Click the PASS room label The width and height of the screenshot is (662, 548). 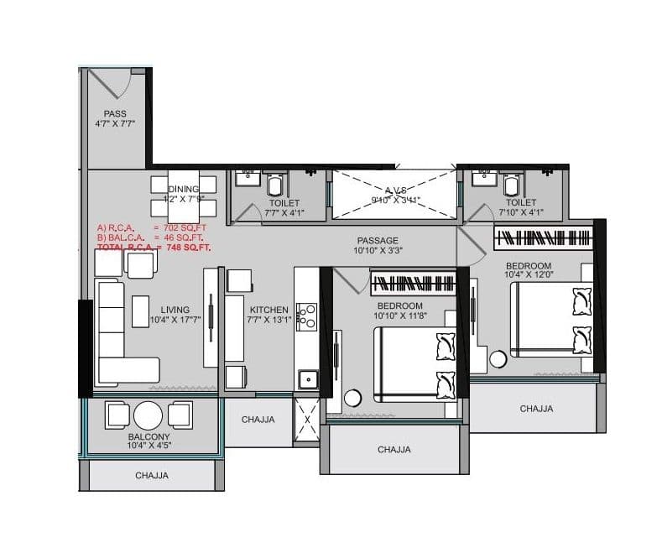point(115,114)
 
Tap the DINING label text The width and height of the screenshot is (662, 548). point(183,190)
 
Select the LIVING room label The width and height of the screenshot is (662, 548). point(175,310)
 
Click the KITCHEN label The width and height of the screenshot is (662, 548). point(268,310)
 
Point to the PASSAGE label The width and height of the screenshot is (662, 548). point(378,241)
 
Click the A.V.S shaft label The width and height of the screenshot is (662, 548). point(394,190)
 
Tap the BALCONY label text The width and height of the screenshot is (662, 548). point(149,437)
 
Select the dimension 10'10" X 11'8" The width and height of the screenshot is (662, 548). point(399,316)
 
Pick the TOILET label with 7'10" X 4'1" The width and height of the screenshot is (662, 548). point(522,202)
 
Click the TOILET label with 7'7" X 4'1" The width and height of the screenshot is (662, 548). point(284,203)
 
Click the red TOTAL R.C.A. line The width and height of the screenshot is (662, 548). point(154,248)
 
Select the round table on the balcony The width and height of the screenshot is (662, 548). point(149,415)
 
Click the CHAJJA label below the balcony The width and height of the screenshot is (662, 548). point(152,476)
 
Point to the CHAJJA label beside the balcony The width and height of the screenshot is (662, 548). point(258,420)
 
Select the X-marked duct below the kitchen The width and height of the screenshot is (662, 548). point(306,419)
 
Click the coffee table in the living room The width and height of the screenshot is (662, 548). point(140,311)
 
